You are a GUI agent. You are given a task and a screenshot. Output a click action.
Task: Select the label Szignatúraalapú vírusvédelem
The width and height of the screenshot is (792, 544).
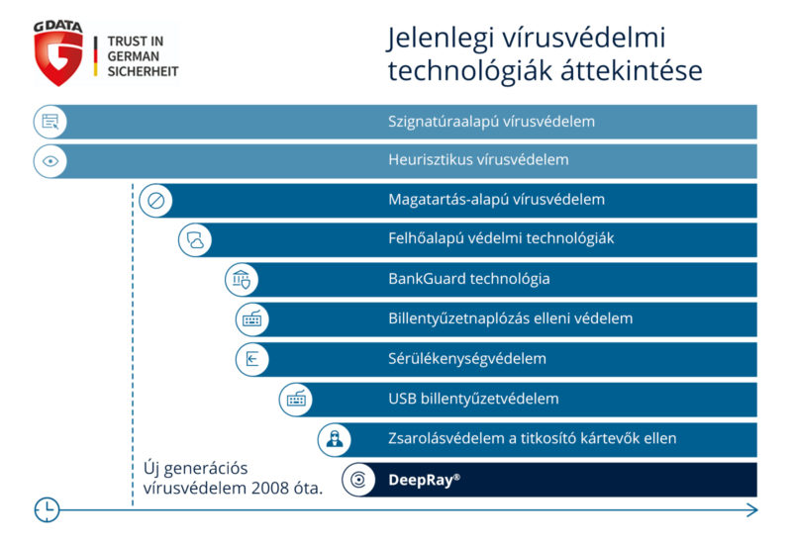coord(491,122)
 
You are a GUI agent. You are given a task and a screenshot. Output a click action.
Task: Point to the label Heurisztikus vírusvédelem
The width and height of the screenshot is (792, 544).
coord(478,159)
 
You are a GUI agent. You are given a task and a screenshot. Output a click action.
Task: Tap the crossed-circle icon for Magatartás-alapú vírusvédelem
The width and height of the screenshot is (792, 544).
coord(155,201)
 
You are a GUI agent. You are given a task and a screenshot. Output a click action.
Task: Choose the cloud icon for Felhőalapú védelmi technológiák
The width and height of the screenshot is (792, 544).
coord(195,240)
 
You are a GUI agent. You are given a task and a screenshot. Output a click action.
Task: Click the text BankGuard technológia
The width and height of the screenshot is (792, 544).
coord(468,279)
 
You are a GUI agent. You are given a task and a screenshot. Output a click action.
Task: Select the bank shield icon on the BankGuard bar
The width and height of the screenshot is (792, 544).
coord(242,280)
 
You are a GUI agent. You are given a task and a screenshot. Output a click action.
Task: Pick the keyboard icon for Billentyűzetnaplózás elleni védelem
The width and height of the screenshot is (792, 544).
coord(251,319)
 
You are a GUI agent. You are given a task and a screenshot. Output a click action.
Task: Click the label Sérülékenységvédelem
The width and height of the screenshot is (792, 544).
coord(467,358)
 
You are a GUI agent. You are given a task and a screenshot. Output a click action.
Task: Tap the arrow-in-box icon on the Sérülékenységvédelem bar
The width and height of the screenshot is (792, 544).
coord(251,359)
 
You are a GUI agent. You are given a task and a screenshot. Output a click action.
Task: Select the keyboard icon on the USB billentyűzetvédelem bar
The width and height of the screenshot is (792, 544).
coord(296,400)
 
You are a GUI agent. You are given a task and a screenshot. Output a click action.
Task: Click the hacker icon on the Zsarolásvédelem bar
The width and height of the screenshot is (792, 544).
coord(335,439)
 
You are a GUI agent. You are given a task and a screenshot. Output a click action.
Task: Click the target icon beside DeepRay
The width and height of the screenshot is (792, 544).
coord(358,480)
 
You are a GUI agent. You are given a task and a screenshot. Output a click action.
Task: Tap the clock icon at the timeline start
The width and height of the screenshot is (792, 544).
coord(47,509)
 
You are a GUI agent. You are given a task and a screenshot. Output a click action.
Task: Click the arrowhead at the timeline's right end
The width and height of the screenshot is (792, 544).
coord(752,510)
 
